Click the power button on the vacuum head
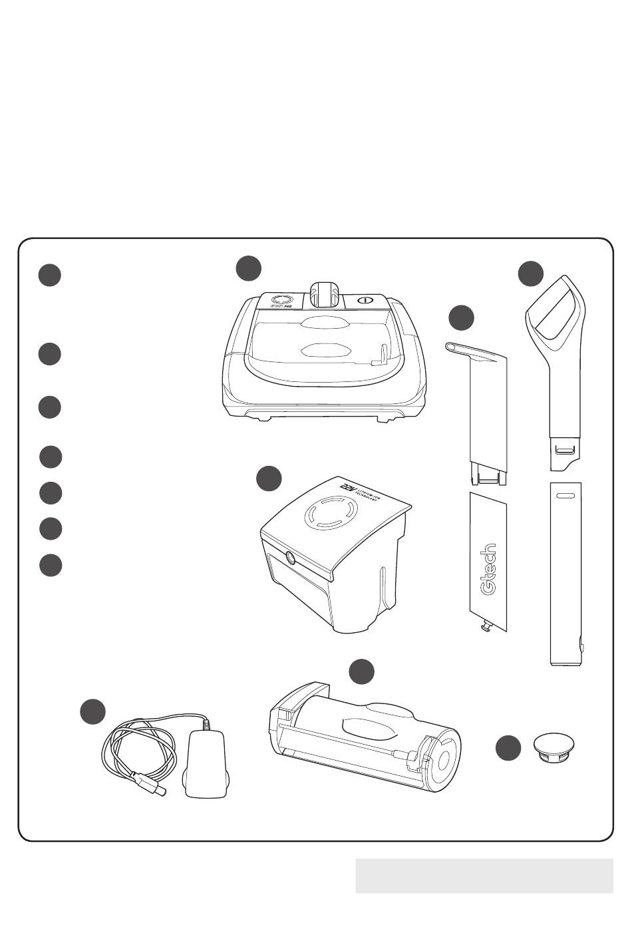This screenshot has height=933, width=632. tap(363, 300)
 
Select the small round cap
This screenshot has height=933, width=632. tap(555, 747)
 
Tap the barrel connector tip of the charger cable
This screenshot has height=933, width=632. tap(158, 790)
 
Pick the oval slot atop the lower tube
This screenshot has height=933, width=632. tap(565, 496)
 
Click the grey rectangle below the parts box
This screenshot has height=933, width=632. tap(484, 875)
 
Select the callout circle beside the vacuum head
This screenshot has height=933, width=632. tap(249, 268)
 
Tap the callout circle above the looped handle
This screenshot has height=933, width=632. tap(531, 274)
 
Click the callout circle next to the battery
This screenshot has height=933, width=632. tap(269, 479)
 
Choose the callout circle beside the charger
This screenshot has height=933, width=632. tap(93, 711)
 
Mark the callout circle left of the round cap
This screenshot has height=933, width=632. tap(508, 748)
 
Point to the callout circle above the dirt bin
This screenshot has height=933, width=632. tap(361, 671)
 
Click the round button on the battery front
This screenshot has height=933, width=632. tap(291, 558)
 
